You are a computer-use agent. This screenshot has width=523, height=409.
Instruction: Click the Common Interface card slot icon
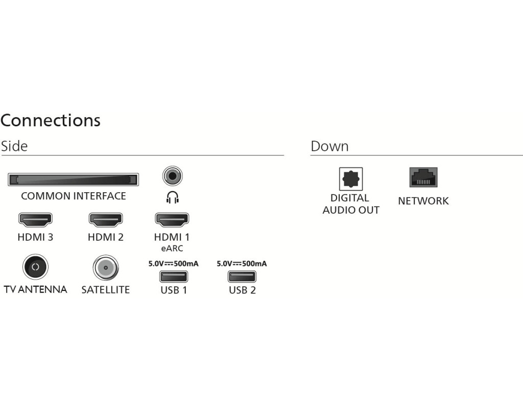[x=73, y=179]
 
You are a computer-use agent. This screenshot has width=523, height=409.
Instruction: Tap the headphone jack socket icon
[x=173, y=176]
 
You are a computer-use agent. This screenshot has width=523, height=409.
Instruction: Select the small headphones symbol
[x=173, y=197]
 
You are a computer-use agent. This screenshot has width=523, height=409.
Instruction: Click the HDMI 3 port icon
[x=35, y=219]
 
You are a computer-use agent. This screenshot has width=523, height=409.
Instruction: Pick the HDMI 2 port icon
[x=106, y=219]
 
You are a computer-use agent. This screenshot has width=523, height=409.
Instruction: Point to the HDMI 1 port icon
[x=172, y=219]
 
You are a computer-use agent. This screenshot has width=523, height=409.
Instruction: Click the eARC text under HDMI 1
[x=172, y=248]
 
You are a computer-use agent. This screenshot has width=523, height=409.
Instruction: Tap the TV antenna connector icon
[x=35, y=267]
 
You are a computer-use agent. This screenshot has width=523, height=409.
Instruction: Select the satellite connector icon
[x=106, y=268]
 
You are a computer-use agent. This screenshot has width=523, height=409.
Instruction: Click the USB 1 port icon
[x=174, y=277]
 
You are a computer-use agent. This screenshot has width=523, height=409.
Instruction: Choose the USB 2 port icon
[x=242, y=277]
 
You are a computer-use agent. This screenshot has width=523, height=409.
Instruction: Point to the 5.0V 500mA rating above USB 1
[x=174, y=264]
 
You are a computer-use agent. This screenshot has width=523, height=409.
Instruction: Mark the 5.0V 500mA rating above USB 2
[x=242, y=264]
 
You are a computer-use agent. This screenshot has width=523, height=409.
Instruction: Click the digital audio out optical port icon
[x=351, y=179]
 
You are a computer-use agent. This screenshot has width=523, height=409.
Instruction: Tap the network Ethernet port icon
[x=423, y=177]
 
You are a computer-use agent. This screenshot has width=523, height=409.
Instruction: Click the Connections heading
[x=51, y=120]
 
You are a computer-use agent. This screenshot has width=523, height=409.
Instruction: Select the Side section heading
[x=14, y=146]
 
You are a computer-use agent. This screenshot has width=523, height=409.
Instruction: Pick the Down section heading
[x=329, y=146]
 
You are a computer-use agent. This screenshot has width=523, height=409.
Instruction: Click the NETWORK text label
[x=423, y=201]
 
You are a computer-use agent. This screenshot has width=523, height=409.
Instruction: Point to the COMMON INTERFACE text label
[x=74, y=196]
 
